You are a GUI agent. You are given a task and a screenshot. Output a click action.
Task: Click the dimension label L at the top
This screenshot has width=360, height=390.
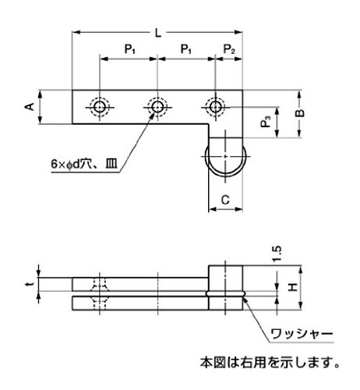pyautogui.click(x=158, y=33)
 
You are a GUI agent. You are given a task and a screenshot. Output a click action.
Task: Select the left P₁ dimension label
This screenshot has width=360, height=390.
pyautogui.click(x=130, y=49)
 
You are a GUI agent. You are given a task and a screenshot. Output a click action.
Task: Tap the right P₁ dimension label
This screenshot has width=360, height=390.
pyautogui.click(x=186, y=49)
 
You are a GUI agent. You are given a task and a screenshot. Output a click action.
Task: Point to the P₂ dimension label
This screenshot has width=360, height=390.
pyautogui.click(x=229, y=49)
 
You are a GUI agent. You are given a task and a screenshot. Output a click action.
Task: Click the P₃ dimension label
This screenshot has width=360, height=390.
pyautogui.click(x=266, y=122)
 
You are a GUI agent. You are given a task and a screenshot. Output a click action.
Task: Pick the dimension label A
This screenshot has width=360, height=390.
pyautogui.click(x=30, y=107)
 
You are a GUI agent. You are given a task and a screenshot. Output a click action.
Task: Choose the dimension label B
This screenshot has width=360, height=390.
pyautogui.click(x=300, y=113)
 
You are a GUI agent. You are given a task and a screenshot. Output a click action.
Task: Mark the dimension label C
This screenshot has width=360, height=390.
pyautogui.click(x=225, y=200)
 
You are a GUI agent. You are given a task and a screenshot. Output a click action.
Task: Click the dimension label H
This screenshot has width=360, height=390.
pyautogui.click(x=293, y=287)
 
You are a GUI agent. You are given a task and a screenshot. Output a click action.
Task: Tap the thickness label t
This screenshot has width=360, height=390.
pyautogui.click(x=30, y=284)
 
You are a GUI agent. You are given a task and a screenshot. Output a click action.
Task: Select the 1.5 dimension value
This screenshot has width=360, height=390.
pyautogui.click(x=277, y=253)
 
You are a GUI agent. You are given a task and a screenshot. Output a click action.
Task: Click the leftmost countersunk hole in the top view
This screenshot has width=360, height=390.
pyautogui.click(x=100, y=107)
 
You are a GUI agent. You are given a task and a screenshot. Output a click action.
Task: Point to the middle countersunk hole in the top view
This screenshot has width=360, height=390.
pyautogui.click(x=157, y=107)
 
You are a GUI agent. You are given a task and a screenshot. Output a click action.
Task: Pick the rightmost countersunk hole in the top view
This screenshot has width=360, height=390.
pyautogui.click(x=215, y=107)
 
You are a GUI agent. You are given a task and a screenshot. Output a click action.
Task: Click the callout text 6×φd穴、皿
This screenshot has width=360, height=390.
pyautogui.click(x=84, y=165)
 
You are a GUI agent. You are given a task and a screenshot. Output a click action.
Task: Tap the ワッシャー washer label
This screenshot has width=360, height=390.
pyautogui.click(x=302, y=334)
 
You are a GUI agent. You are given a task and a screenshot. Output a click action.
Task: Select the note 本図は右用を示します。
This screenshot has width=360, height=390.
pyautogui.click(x=270, y=362)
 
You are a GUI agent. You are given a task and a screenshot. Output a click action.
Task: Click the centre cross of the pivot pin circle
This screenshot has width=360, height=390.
pyautogui.click(x=225, y=156)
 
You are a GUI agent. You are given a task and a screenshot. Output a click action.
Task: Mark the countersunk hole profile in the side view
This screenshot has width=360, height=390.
pyautogui.click(x=100, y=294)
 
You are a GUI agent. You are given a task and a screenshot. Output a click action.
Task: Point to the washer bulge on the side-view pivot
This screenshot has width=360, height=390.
pyautogui.click(x=225, y=294)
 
